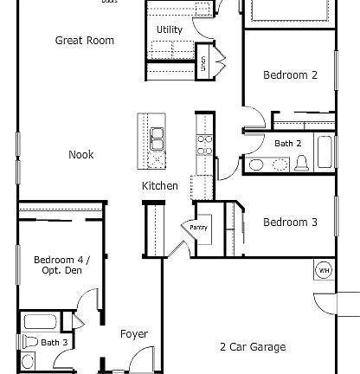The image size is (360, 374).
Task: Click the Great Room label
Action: (84, 41)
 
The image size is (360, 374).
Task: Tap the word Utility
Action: (169, 29)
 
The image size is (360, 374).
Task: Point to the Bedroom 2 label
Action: (290, 75)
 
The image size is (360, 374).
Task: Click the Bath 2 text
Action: (287, 143)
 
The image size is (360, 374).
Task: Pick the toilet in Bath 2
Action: (301, 163)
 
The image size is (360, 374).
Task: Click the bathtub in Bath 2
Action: (325, 152)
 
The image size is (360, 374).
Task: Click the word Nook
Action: (81, 155)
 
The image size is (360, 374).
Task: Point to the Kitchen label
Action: (160, 186)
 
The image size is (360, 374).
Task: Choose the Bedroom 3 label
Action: (290, 222)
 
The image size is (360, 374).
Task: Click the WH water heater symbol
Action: (324, 270)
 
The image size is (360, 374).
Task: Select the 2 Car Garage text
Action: (252, 347)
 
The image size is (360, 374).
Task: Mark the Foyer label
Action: (133, 334)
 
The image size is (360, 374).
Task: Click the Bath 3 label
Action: (54, 343)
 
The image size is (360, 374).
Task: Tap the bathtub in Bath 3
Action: (39, 323)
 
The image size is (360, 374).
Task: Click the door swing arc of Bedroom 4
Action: (87, 303)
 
